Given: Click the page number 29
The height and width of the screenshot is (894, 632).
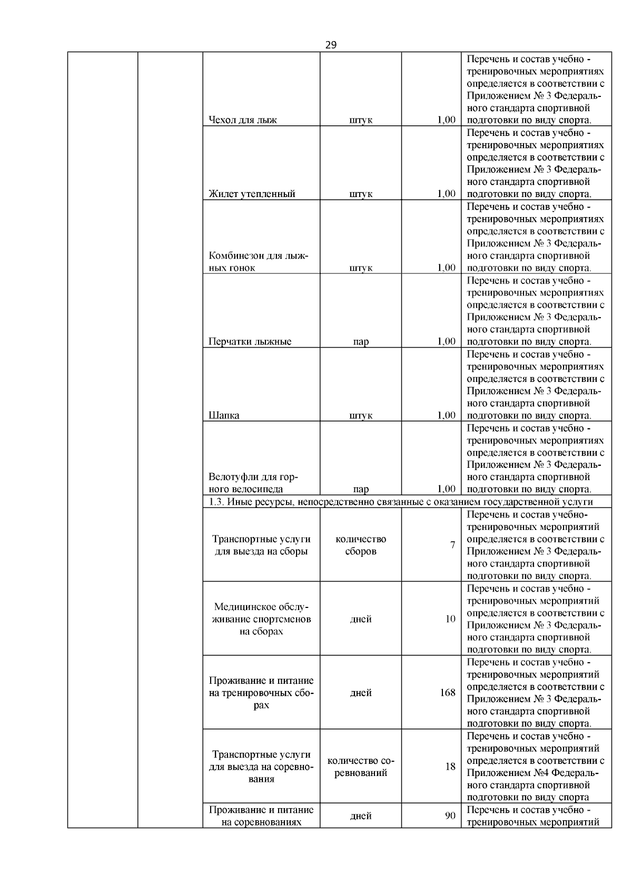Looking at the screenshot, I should pos(331,45).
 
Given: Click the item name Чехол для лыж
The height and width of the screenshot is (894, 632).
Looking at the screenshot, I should pos(243,120).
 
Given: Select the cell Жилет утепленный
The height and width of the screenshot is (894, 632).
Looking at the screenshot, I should pos(252,193).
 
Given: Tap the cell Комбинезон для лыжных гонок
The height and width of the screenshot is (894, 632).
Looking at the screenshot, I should pos(258,262).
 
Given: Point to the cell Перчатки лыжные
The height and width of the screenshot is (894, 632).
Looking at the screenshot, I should pos(250,341).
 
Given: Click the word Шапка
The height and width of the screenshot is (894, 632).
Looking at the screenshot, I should pos(224,415).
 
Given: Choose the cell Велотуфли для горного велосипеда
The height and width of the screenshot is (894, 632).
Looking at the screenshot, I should pos(253,483).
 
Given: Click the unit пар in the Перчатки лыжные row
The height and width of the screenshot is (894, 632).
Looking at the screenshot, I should pos(361,341).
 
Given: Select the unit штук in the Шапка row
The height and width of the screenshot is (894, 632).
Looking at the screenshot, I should pos(361,415).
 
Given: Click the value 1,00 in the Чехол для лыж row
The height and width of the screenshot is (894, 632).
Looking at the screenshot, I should pos(446,120).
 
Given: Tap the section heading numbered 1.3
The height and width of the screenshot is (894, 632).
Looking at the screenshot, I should pos(400,502).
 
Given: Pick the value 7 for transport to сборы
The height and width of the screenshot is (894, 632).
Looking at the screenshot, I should pos(452,545).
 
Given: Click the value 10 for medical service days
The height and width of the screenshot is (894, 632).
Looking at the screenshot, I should pos(450,618).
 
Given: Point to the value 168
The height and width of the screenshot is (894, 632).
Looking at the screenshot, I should pos(448,692).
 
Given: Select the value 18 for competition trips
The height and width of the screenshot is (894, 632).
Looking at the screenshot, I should pos(450,766).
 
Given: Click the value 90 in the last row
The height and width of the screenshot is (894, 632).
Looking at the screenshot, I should pos(450,816).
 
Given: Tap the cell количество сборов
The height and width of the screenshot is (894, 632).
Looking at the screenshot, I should pos(361,545).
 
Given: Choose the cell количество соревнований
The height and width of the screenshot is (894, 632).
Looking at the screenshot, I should pos(361,767).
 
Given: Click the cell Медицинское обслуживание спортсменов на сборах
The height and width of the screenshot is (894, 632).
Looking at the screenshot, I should pos(261,619).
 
